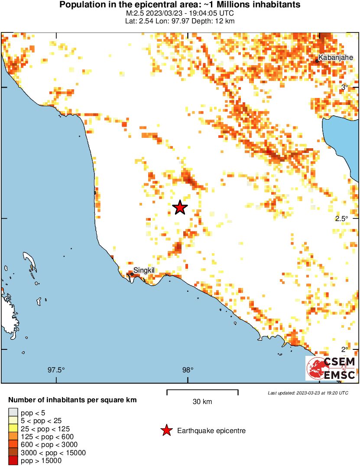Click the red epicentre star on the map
180,208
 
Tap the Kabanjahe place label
335,57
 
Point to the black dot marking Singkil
132,274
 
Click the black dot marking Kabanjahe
317,61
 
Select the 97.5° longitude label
56,370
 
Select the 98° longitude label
187,370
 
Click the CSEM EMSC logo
331,368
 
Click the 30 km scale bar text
202,402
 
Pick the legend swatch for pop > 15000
13,461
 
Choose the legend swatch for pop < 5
13,413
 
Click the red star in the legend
166,430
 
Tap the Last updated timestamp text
308,393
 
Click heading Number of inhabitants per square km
73,400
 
